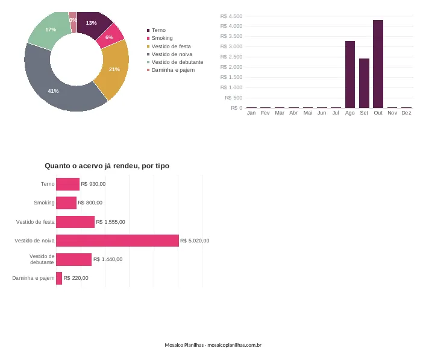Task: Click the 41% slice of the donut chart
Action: [53, 91]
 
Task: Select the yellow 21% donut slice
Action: [114, 69]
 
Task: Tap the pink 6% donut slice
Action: [110, 37]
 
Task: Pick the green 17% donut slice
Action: [51, 30]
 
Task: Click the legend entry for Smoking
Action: [160, 38]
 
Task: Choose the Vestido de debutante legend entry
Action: [175, 62]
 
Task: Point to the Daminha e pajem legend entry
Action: [171, 70]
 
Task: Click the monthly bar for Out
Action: [378, 64]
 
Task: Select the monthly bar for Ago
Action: [350, 75]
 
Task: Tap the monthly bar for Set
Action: [364, 83]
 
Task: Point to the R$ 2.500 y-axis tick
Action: [231, 57]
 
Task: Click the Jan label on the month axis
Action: [251, 113]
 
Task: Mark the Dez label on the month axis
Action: [406, 113]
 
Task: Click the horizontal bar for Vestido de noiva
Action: [117, 241]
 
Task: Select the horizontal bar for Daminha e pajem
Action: [59, 278]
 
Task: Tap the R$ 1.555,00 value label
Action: [111, 222]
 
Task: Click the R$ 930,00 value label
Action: [93, 184]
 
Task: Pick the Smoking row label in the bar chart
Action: [44, 203]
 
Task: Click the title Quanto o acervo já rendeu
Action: [107, 166]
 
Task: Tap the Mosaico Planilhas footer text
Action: [213, 345]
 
